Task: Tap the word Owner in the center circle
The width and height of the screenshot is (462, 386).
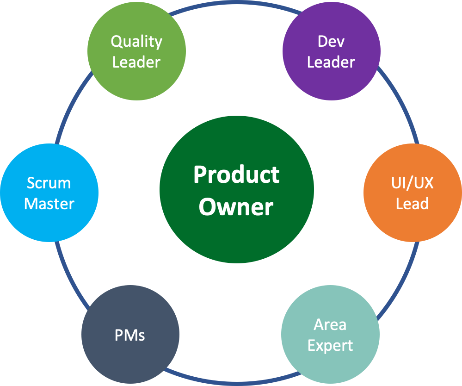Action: tap(236, 207)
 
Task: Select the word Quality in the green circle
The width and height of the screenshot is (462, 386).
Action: tap(136, 42)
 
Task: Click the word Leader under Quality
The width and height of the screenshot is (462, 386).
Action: tap(136, 62)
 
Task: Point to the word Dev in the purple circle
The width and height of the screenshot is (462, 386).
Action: tap(331, 42)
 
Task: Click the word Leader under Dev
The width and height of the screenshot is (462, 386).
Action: tap(331, 62)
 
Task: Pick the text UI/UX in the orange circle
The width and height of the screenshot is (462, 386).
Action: tap(412, 183)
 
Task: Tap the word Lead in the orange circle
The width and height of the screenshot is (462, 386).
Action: tap(412, 204)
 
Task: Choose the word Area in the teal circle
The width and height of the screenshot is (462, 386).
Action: tap(330, 324)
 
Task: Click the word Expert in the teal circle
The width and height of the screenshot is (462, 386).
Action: tap(330, 345)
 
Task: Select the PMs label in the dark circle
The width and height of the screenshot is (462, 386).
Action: tap(130, 335)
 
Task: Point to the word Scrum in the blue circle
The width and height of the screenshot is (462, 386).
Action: tap(49, 183)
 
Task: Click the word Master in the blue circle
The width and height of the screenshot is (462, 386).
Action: tap(49, 204)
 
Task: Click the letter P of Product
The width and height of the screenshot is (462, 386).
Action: tap(199, 175)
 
